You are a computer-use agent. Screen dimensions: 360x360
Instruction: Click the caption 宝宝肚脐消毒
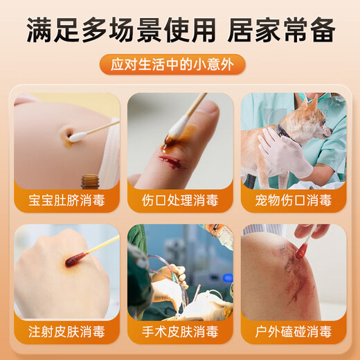pyautogui.click(x=66, y=201)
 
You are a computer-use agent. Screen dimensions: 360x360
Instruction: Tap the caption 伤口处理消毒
pyautogui.click(x=179, y=201)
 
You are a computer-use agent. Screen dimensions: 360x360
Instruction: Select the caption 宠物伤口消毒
pyautogui.click(x=293, y=201)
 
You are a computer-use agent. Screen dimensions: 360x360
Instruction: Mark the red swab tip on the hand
pyautogui.click(x=75, y=260)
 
